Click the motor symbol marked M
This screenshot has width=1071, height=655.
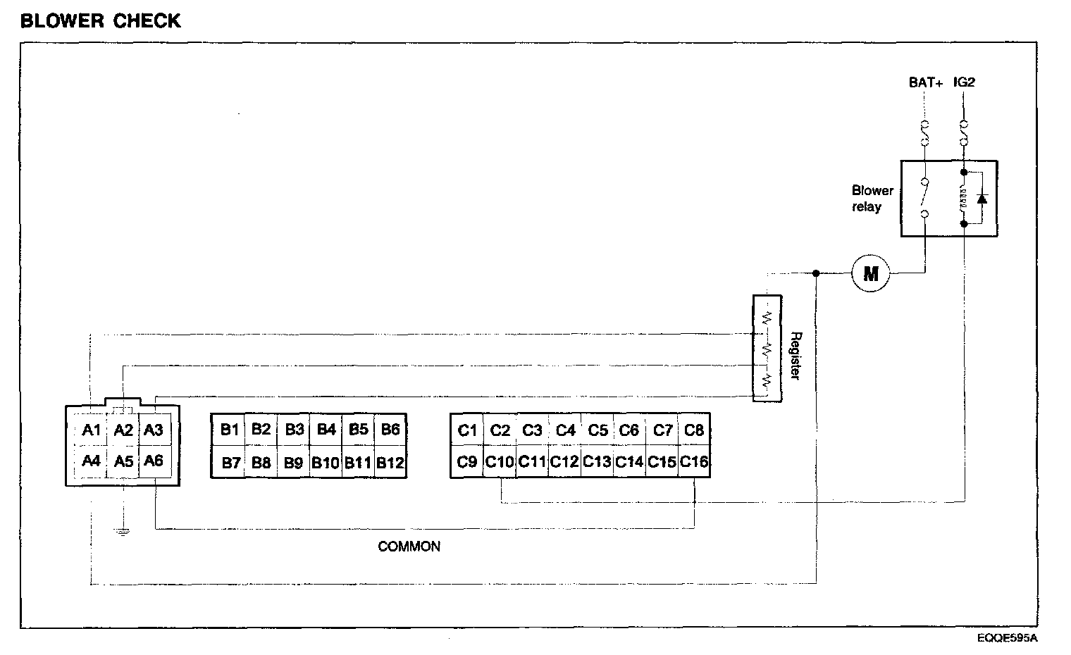tap(871, 273)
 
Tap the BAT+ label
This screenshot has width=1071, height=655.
tap(925, 82)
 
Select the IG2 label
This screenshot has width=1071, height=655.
tap(964, 82)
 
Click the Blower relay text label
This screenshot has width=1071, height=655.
tap(872, 199)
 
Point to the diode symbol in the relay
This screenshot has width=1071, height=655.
tap(982, 199)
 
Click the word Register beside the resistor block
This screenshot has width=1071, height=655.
tap(795, 356)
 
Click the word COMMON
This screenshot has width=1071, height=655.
tap(409, 547)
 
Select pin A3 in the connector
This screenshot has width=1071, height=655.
tap(153, 430)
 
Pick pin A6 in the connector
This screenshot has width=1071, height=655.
tap(153, 461)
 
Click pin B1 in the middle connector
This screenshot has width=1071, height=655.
tap(229, 430)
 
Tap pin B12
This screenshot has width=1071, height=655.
tap(390, 463)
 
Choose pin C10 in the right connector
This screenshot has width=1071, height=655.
tap(500, 463)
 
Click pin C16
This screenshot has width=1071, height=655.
tap(694, 463)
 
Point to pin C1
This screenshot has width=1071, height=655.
tap(467, 430)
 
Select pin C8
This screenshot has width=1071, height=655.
tap(694, 430)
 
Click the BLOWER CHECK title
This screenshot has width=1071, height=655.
tap(101, 21)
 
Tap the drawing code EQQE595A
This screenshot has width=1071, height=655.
tap(1007, 638)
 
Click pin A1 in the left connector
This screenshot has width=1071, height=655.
tap(91, 430)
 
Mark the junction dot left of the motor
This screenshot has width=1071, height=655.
tap(816, 273)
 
